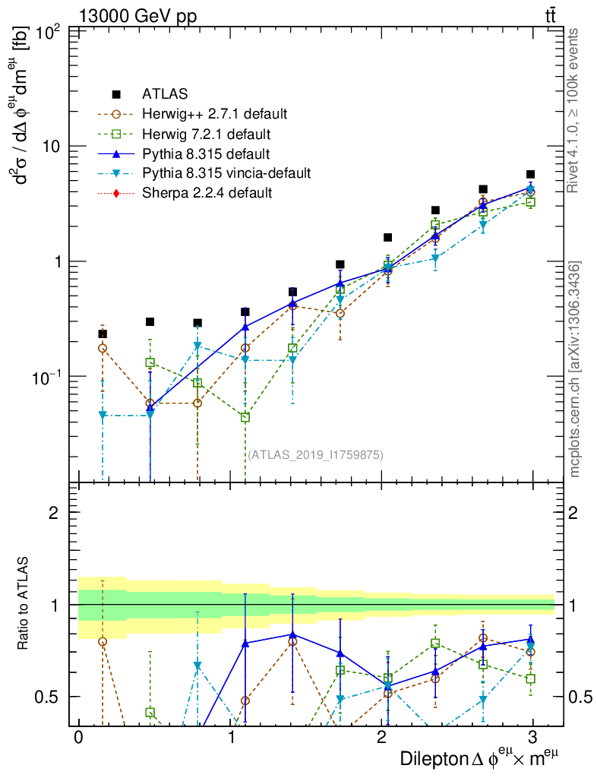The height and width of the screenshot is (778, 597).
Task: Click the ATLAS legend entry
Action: click(160, 95)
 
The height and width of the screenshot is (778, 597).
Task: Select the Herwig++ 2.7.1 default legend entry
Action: click(214, 115)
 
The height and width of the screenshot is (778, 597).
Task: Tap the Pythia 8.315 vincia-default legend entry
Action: click(226, 173)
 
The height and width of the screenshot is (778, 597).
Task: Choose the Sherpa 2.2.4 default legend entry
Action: click(207, 193)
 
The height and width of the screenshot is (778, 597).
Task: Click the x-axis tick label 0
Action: click(78, 738)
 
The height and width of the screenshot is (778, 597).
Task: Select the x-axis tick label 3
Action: click(534, 738)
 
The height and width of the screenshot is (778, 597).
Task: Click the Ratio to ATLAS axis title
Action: click(24, 605)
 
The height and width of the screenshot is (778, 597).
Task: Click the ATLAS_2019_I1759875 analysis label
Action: click(315, 455)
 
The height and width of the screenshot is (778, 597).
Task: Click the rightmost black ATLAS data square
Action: click(530, 175)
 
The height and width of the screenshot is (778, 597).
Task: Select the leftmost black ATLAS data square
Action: click(103, 334)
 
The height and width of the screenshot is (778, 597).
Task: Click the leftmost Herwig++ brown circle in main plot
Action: click(103, 348)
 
